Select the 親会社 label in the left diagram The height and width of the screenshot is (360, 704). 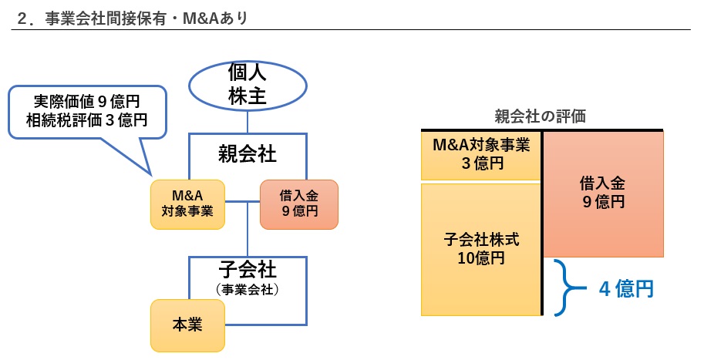[x=247, y=153]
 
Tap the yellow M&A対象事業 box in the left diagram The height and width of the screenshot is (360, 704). [x=187, y=204]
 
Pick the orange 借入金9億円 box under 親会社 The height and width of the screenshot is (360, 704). [x=299, y=204]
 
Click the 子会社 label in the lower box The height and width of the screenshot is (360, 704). [x=247, y=271]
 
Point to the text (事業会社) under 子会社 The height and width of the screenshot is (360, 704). [x=247, y=290]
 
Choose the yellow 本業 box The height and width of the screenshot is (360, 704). [x=187, y=324]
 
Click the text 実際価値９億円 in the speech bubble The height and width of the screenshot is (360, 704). [x=87, y=101]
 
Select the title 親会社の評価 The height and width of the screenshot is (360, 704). [x=540, y=116]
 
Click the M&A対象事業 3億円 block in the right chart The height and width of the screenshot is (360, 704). [x=480, y=154]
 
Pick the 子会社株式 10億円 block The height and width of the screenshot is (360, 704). [x=480, y=248]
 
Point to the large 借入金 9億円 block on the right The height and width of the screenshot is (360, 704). [x=602, y=193]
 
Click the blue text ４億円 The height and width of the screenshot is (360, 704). [x=626, y=289]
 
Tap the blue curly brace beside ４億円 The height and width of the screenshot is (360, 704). [x=571, y=288]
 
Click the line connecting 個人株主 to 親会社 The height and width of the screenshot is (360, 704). [x=248, y=121]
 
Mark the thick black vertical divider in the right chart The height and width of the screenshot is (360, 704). [x=542, y=224]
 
